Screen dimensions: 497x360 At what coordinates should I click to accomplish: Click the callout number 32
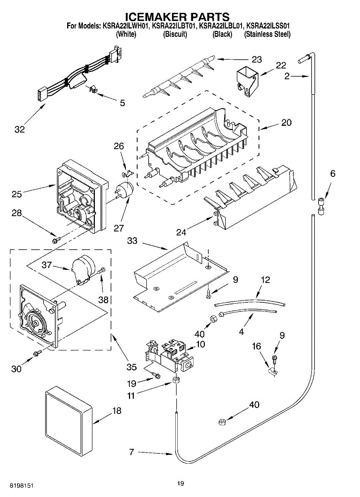(19, 129)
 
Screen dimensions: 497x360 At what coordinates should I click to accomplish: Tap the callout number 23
(257, 60)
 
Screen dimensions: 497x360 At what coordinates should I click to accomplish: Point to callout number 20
(286, 123)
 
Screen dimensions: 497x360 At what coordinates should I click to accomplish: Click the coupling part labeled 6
(321, 206)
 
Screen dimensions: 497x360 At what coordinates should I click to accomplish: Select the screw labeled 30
(37, 353)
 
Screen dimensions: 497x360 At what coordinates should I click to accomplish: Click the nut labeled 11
(176, 381)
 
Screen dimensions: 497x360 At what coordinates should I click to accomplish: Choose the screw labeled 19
(156, 375)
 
